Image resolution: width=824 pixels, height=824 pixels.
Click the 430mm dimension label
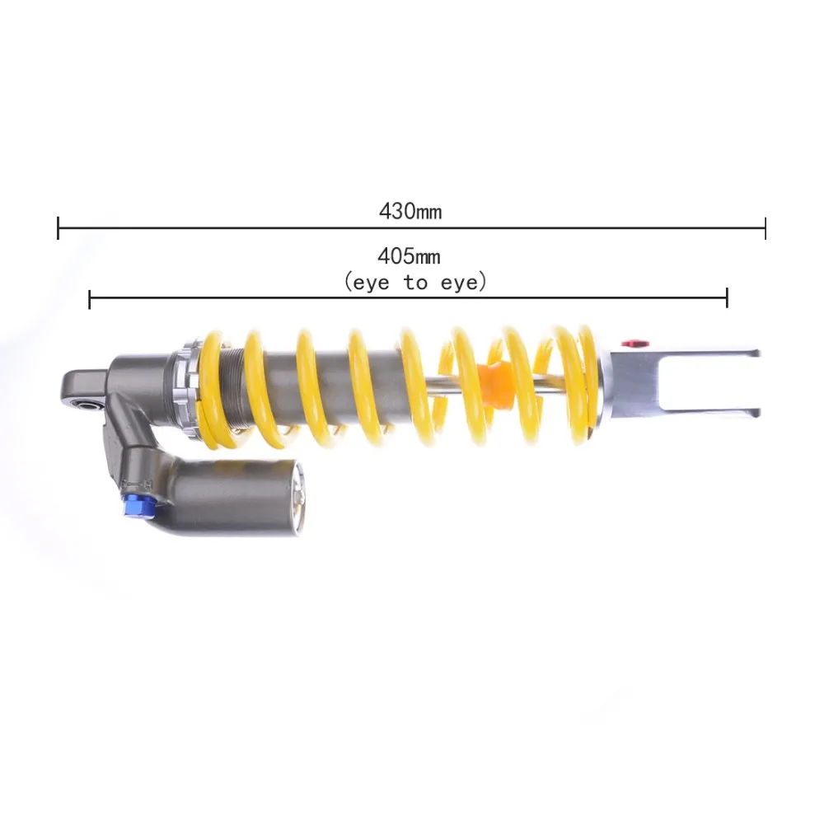coord(410,211)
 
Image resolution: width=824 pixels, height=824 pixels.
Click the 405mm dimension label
coord(409,256)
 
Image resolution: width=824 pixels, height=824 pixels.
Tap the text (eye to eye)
coord(415,283)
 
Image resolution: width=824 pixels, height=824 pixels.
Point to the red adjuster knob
coord(634,344)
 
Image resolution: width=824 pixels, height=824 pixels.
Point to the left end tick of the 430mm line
coord(58,227)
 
